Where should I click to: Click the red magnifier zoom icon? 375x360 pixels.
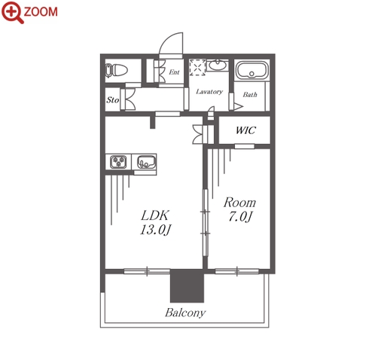(12, 12)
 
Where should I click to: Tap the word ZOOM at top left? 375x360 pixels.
(41, 12)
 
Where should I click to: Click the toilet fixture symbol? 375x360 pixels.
(116, 70)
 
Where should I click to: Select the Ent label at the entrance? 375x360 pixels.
(174, 72)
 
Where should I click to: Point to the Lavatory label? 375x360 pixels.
(209, 92)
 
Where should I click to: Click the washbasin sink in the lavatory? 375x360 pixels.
(218, 66)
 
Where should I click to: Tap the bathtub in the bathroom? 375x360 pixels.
(252, 70)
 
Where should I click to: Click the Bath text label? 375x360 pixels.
(250, 95)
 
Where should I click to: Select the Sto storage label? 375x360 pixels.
(112, 100)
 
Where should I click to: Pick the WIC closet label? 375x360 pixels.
(245, 130)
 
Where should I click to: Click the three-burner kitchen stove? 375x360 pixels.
(118, 162)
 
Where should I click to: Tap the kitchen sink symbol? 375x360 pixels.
(146, 162)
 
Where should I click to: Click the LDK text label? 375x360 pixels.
(155, 215)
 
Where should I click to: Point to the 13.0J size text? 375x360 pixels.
(156, 230)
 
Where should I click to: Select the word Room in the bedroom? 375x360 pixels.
(239, 203)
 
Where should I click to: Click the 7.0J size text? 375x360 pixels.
(240, 216)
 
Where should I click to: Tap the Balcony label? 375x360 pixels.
(185, 313)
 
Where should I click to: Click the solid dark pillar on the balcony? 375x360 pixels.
(187, 286)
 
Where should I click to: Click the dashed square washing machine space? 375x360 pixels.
(197, 67)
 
